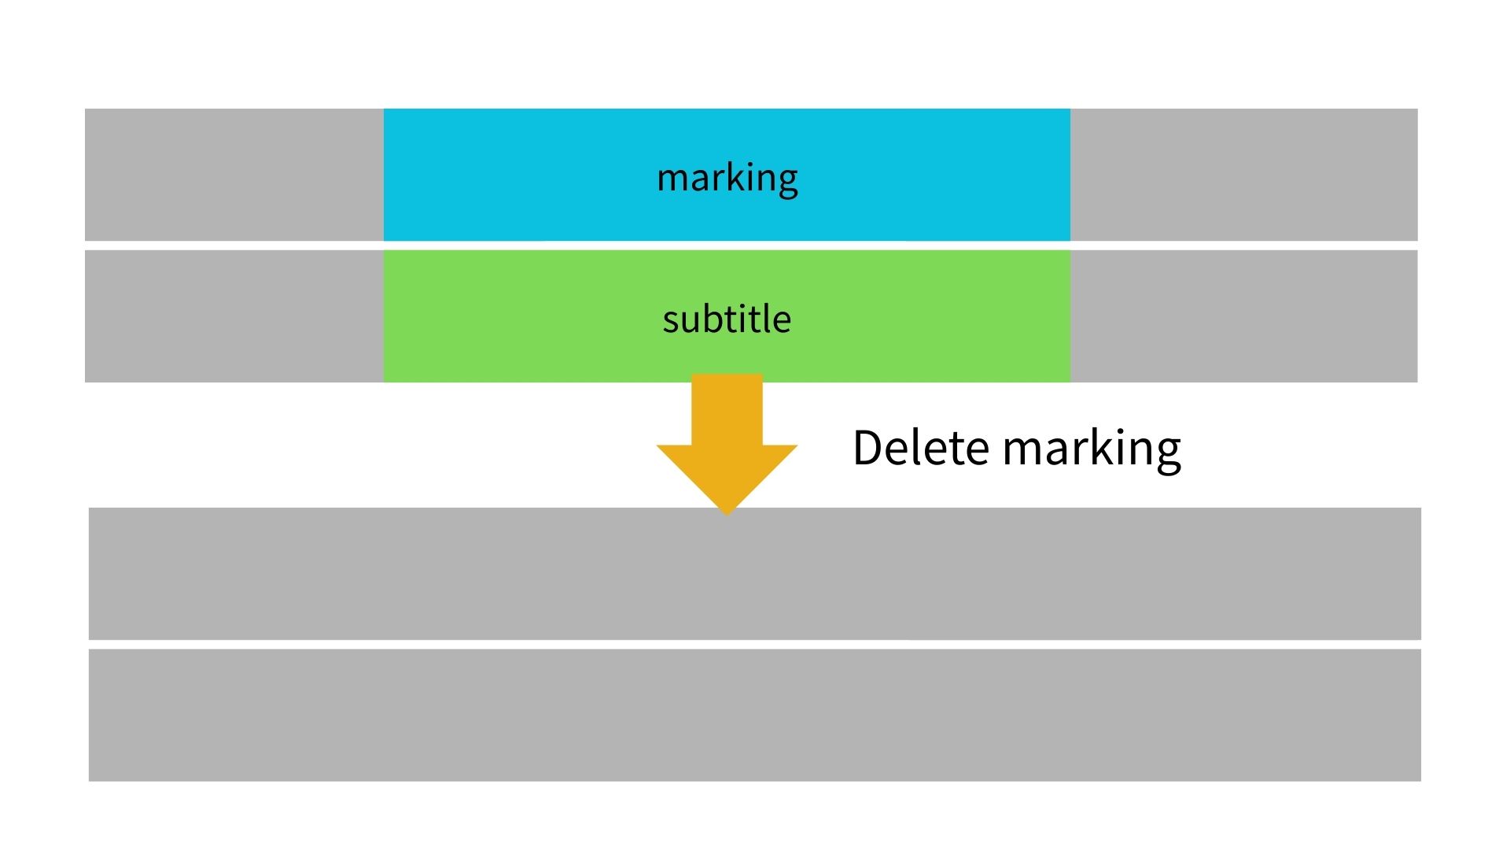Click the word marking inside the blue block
[x=727, y=178]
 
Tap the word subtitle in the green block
[x=727, y=320]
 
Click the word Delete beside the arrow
[x=921, y=448]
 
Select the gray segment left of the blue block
[x=234, y=175]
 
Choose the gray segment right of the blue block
[x=1243, y=175]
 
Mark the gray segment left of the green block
[x=234, y=316]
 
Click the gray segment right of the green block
[x=1243, y=316]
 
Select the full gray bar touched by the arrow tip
[x=755, y=575]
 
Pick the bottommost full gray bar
[x=755, y=715]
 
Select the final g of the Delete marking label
[x=1167, y=452]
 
